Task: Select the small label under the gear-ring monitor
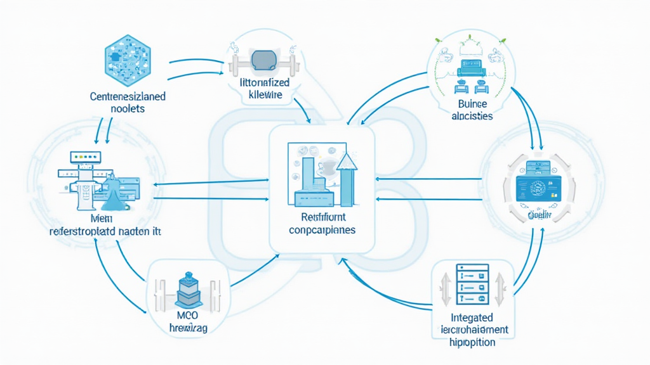[538, 215]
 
